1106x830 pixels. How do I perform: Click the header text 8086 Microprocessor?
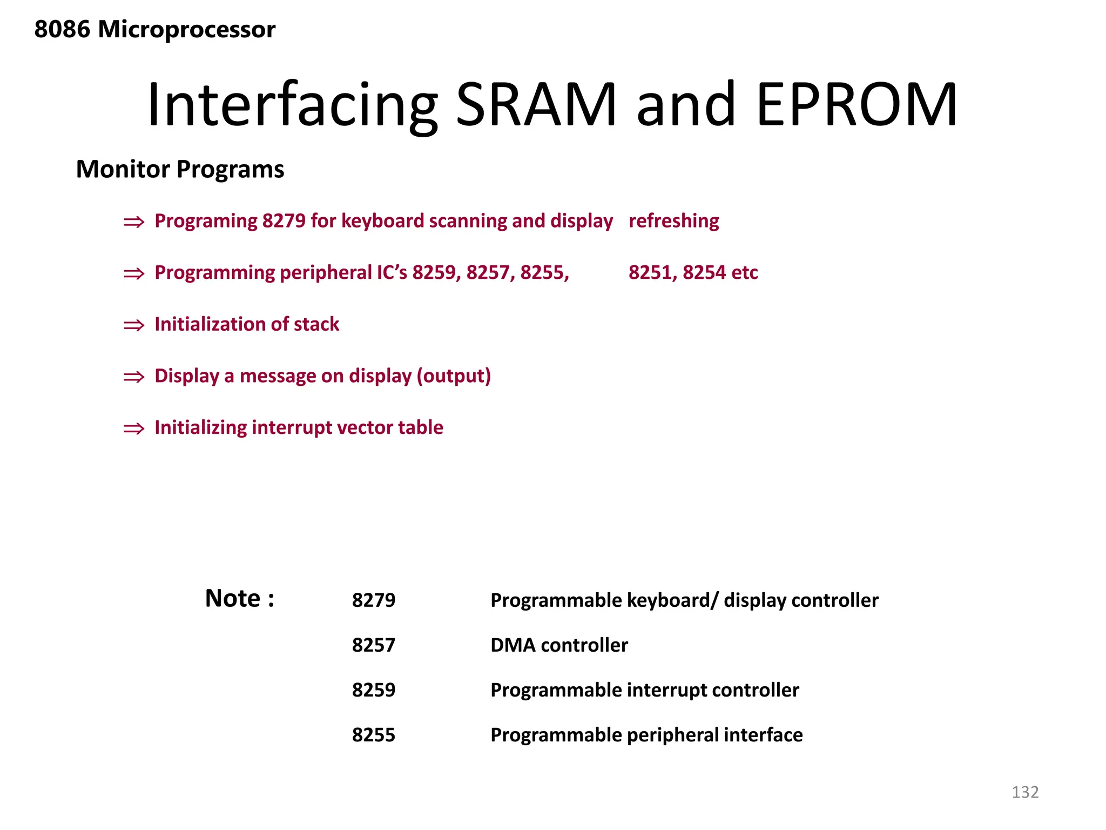[154, 29]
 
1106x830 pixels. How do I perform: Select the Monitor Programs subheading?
[180, 169]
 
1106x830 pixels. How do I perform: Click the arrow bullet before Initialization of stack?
[134, 325]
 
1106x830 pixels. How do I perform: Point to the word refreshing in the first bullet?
[673, 221]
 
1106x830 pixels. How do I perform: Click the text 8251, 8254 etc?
[693, 272]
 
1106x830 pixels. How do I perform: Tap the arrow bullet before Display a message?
[134, 377]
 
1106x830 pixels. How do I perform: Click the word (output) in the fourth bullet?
[454, 376]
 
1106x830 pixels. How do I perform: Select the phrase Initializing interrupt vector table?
[299, 427]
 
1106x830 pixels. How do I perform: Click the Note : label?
[240, 599]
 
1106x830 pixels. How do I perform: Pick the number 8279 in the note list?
[373, 600]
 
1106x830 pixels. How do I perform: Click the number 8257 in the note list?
[373, 645]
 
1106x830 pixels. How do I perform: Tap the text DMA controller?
[559, 645]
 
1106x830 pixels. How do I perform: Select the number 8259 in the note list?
[373, 690]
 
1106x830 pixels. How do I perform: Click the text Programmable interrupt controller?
[644, 690]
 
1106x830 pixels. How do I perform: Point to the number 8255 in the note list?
[373, 735]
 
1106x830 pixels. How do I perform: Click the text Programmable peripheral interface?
[646, 735]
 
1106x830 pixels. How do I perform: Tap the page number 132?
[1024, 792]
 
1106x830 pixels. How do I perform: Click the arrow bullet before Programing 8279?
[134, 222]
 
